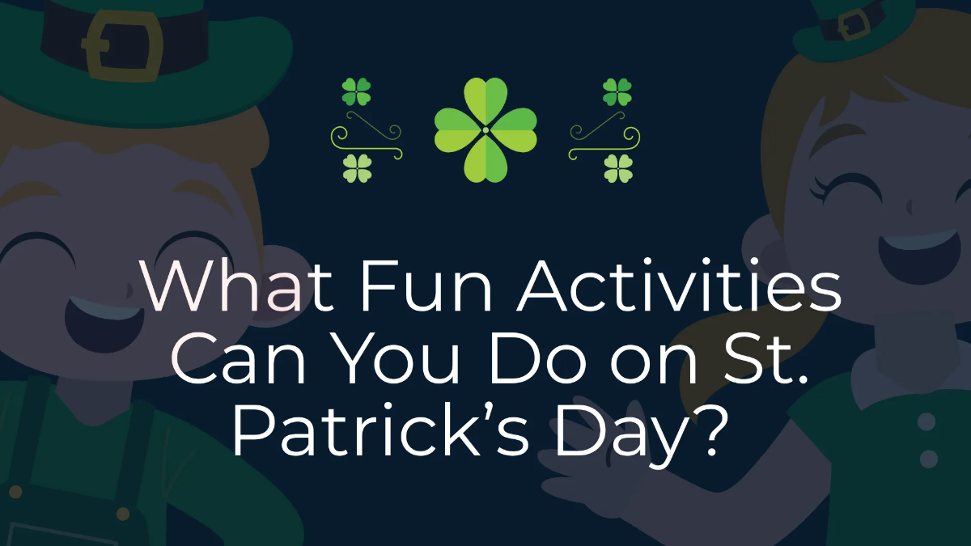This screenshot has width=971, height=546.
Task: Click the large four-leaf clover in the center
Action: tap(485, 129)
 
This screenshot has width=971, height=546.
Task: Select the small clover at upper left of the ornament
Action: tap(356, 91)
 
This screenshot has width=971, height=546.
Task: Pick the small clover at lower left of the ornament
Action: tap(357, 168)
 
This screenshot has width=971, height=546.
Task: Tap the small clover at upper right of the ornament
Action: tap(617, 91)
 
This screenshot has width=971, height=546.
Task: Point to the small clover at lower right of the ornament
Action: tap(617, 168)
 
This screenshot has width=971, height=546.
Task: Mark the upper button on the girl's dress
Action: tap(927, 421)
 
